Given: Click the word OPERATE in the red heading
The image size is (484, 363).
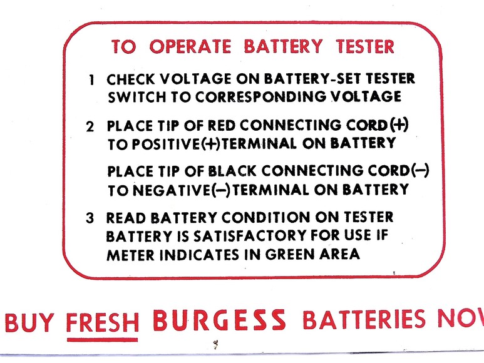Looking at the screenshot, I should pyautogui.click(x=192, y=47).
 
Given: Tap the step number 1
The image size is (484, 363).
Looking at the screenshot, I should pyautogui.click(x=92, y=81).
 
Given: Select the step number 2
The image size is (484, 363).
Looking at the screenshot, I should pyautogui.click(x=91, y=126).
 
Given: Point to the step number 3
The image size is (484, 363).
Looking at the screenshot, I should pyautogui.click(x=91, y=218).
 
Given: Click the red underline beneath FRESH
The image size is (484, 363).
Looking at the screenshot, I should pyautogui.click(x=103, y=340).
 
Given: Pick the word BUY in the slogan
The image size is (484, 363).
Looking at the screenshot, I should pyautogui.click(x=31, y=321).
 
